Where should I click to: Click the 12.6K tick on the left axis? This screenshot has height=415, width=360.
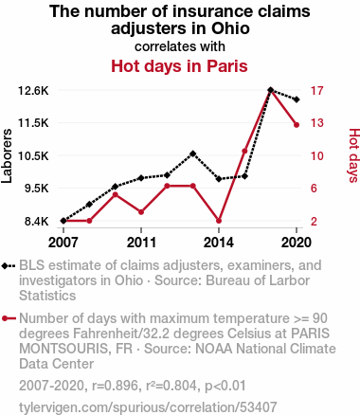click(33, 91)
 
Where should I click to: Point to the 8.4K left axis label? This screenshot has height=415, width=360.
click(37, 222)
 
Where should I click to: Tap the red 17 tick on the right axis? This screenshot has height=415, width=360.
click(316, 91)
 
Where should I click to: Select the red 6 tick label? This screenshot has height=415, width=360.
click(314, 189)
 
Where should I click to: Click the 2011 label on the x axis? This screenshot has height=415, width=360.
click(141, 243)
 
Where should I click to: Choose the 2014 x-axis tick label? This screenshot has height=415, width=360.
click(219, 243)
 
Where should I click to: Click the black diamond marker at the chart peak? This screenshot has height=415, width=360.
click(270, 90)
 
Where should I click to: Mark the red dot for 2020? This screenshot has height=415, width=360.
click(297, 125)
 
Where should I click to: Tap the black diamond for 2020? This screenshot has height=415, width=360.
click(297, 99)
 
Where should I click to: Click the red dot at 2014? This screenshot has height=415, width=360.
click(219, 221)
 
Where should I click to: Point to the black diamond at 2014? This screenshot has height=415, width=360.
click(219, 179)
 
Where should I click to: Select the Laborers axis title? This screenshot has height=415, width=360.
click(7, 155)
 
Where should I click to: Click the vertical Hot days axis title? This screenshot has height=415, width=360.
click(354, 155)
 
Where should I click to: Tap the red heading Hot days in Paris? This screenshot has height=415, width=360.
click(179, 66)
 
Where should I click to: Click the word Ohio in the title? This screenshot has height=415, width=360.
click(230, 28)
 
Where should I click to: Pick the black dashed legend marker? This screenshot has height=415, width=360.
click(9, 266)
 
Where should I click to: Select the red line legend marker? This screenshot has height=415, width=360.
click(9, 318)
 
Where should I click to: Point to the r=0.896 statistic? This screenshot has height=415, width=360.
click(115, 386)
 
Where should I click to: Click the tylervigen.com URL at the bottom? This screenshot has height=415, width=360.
click(148, 407)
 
